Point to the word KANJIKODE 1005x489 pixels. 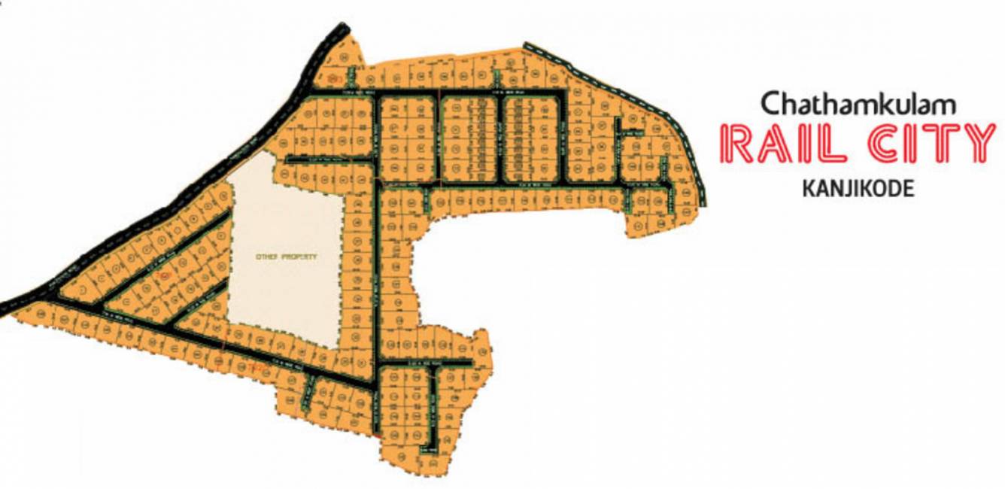point(858,189)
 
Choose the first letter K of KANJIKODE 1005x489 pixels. point(808,189)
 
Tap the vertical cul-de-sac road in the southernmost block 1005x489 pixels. point(434,406)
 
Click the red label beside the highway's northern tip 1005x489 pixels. point(336,77)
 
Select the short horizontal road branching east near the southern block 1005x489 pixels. point(425,363)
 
